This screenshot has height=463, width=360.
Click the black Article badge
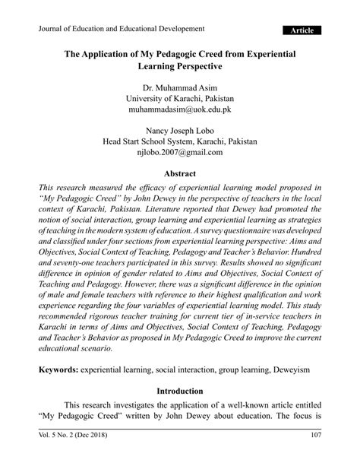click(x=302, y=30)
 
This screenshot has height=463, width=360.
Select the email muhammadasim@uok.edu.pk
click(x=179, y=109)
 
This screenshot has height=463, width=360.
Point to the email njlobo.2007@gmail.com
click(x=179, y=152)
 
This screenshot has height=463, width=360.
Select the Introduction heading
click(x=179, y=392)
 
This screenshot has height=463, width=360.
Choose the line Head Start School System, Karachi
click(x=179, y=141)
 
